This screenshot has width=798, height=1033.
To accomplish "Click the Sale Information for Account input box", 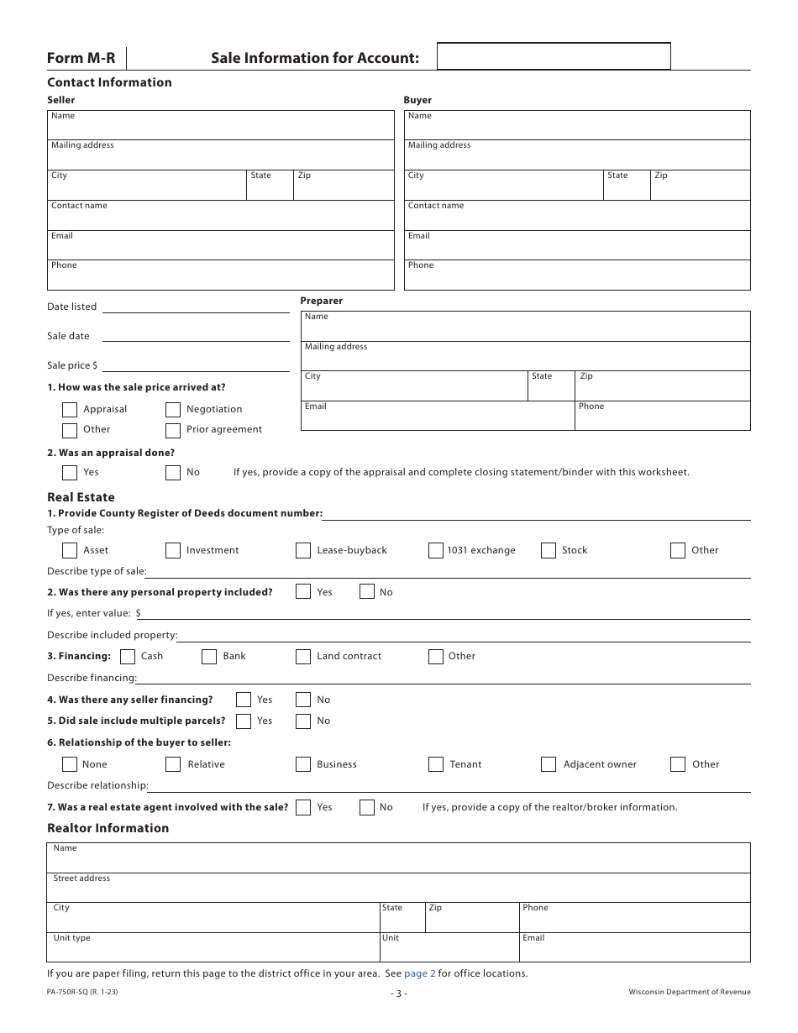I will [554, 56].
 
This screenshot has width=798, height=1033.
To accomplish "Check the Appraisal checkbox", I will [70, 410].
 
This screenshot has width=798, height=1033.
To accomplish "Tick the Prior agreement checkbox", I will [173, 431].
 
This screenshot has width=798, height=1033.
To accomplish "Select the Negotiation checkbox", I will [173, 410].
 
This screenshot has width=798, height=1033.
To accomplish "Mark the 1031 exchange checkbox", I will [435, 551].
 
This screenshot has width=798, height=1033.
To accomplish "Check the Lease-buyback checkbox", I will [303, 551].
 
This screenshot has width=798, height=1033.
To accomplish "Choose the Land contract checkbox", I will [303, 657].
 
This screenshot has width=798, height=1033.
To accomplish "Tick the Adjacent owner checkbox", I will [549, 764].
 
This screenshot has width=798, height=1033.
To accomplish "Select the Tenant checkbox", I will [435, 764].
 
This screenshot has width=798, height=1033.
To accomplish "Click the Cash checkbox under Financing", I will [128, 657].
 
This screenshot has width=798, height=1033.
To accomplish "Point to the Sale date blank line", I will [195, 336].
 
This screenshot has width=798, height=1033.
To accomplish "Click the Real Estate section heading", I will [81, 497].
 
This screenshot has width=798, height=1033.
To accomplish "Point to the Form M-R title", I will [81, 58].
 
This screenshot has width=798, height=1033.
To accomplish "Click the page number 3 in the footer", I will [399, 994].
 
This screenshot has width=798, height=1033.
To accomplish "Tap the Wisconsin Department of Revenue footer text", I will [690, 992].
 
